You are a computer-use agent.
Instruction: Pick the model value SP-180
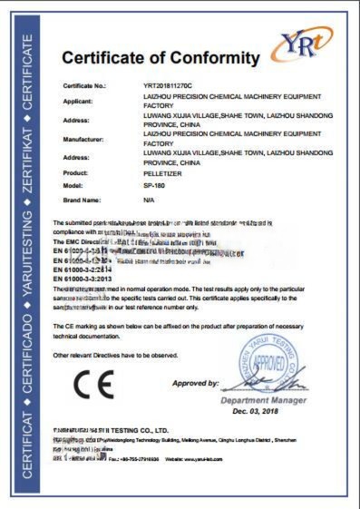154,184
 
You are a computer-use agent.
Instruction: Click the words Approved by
195,384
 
